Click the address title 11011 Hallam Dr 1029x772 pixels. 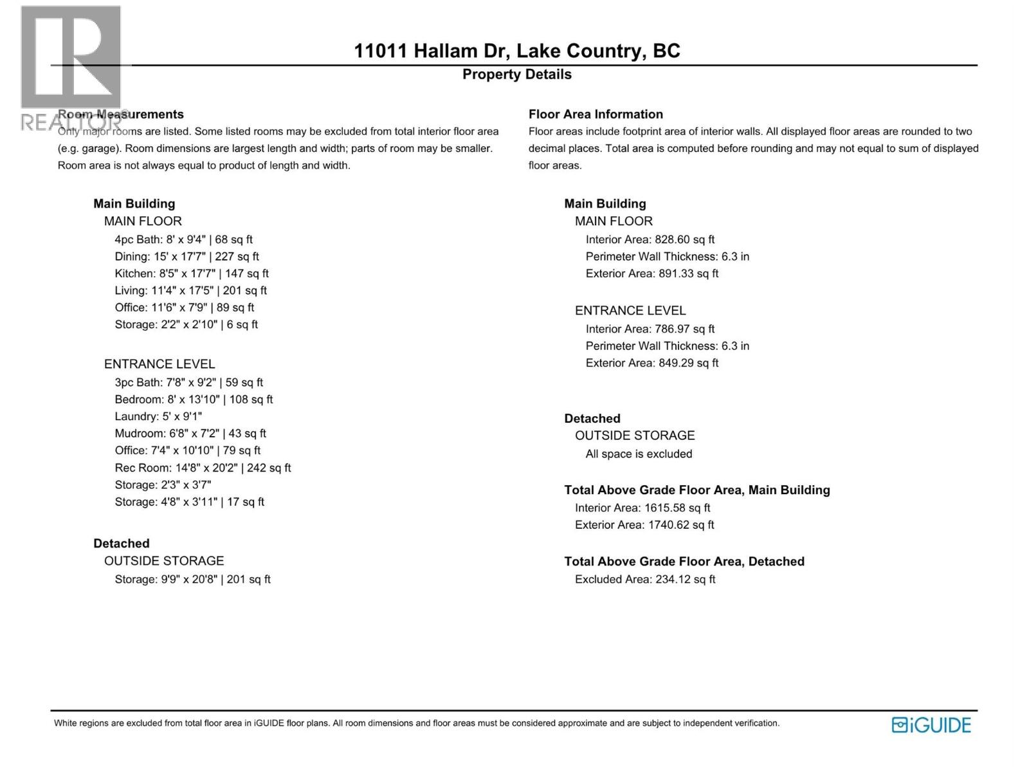point(517,51)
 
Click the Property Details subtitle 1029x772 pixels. point(517,75)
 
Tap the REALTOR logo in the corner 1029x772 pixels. point(71,68)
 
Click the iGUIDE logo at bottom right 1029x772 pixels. point(931,725)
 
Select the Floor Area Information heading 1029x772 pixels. point(596,115)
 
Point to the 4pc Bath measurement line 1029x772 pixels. point(183,239)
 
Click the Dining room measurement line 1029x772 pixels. point(187,257)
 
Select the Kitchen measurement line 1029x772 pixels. point(192,273)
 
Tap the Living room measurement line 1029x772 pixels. point(190,291)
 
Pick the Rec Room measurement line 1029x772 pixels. point(203,468)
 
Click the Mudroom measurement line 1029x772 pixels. point(190,434)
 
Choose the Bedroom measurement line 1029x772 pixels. point(194,400)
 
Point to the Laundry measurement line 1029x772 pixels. point(158,417)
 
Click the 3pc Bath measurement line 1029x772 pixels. point(188,383)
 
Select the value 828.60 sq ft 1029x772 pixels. point(684,239)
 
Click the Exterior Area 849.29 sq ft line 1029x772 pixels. point(651,363)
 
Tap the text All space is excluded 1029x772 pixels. point(639,454)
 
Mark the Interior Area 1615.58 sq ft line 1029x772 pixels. point(642,508)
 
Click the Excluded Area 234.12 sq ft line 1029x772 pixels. point(645,580)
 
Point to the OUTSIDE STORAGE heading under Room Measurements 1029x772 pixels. point(164,561)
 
